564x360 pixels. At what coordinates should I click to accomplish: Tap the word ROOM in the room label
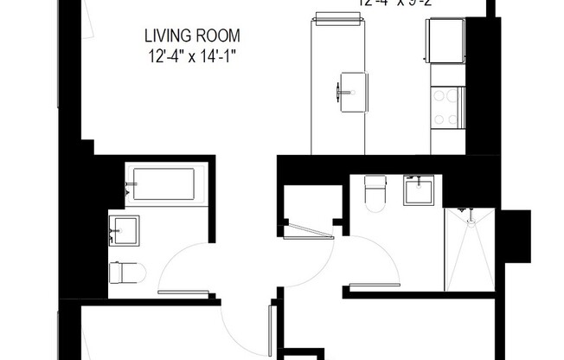pyautogui.click(x=219, y=37)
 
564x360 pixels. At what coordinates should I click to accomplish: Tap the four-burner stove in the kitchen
pyautogui.click(x=447, y=109)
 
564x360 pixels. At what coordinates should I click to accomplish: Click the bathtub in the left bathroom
pyautogui.click(x=163, y=184)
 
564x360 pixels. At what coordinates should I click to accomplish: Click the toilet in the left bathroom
pyautogui.click(x=125, y=273)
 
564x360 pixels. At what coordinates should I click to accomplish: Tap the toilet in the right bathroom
pyautogui.click(x=375, y=193)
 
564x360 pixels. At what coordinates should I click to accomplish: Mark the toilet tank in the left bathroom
pyautogui.click(x=114, y=273)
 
